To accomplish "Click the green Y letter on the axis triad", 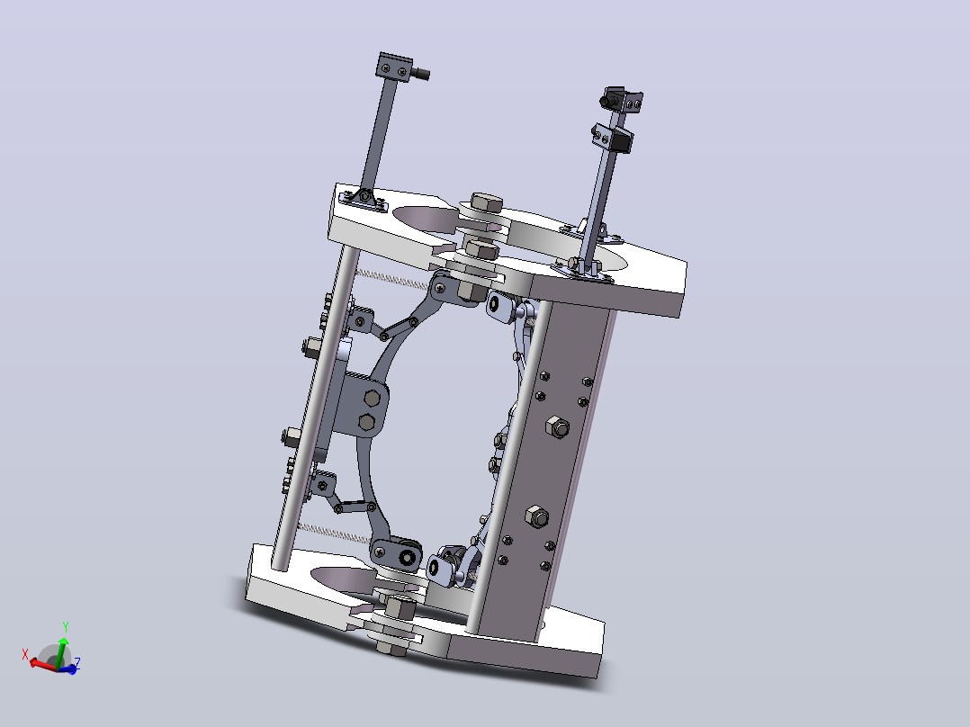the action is click(66, 627).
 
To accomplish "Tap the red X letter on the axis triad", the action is click(25, 654).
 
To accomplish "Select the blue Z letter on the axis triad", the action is click(77, 662).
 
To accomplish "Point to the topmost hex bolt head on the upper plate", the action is click(486, 203).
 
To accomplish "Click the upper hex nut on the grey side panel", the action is click(557, 426).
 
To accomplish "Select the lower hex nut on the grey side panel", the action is click(536, 516).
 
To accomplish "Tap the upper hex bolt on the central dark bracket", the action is click(373, 398).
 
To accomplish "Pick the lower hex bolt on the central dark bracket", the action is click(366, 422).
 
